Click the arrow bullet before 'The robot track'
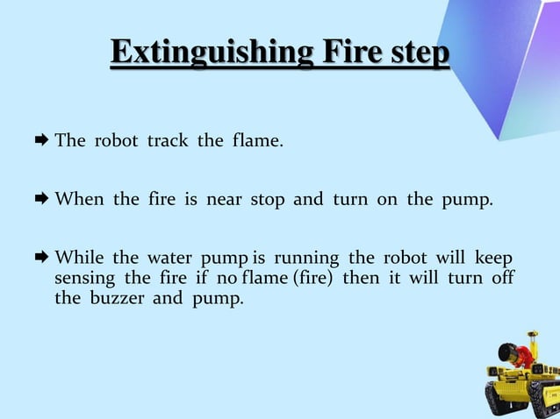tap(41, 140)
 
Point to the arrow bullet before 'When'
tap(41, 199)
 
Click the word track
tap(167, 140)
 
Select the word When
tap(80, 199)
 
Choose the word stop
tap(268, 199)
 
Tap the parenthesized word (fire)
tap(312, 278)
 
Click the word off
tap(503, 278)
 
